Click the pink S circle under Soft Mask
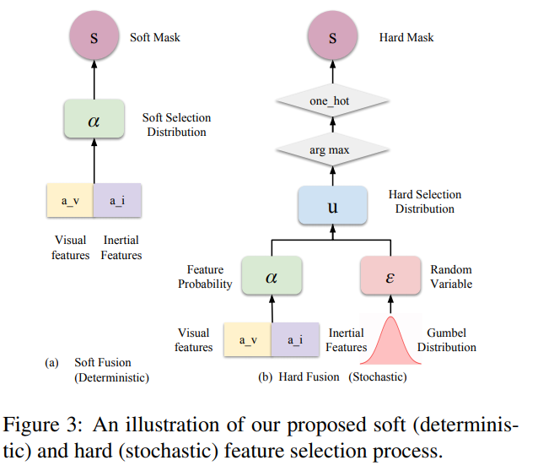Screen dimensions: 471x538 point(94,39)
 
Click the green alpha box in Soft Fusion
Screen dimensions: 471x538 point(94,120)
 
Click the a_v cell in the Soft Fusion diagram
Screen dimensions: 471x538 point(69,201)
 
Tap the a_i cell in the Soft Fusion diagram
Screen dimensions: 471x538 point(117,201)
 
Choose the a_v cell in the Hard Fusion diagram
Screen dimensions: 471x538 point(247,340)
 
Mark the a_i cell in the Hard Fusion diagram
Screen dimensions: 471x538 point(295,340)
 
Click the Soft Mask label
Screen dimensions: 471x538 point(155,38)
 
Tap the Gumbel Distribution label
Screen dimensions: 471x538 point(451,340)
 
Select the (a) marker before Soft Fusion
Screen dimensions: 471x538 point(51,364)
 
